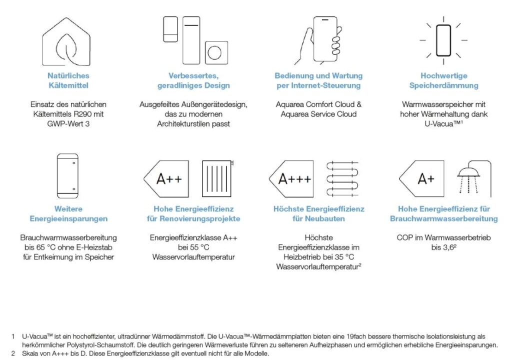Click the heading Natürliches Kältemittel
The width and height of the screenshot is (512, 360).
coord(68,80)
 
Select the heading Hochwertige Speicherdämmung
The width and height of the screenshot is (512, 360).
coord(443,80)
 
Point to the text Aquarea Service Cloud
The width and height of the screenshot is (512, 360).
coord(318,114)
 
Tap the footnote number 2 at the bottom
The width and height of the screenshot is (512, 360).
coord(12,354)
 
